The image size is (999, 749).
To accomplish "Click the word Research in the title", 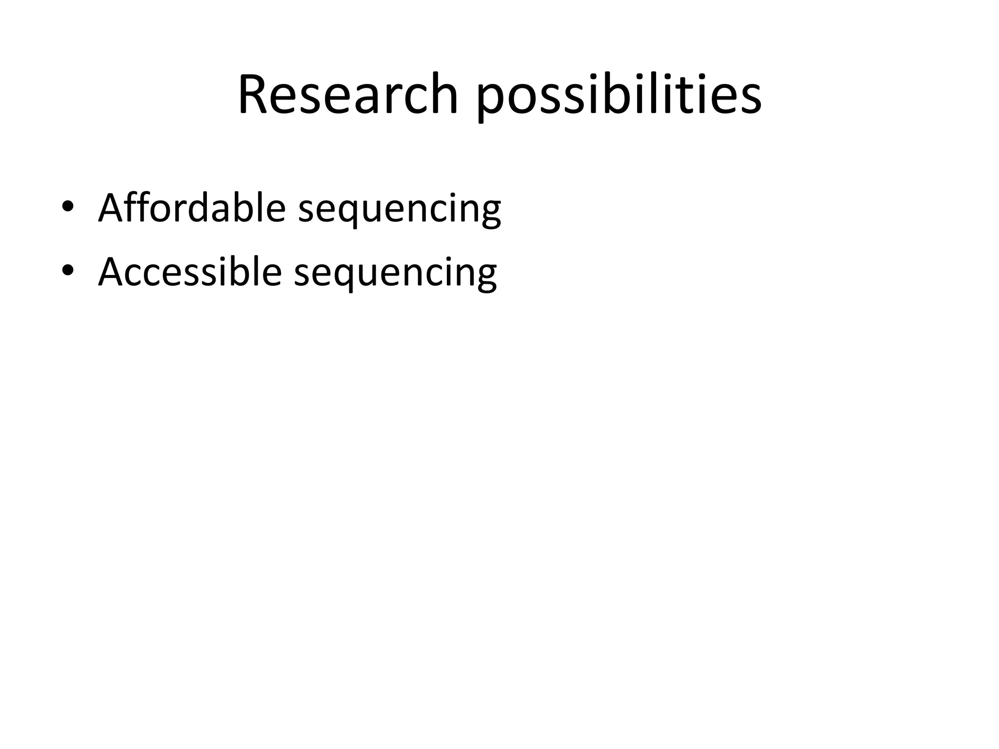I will [348, 95].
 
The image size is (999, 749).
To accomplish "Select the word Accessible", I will [190, 272].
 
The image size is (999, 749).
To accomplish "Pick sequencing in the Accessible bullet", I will [395, 273].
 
